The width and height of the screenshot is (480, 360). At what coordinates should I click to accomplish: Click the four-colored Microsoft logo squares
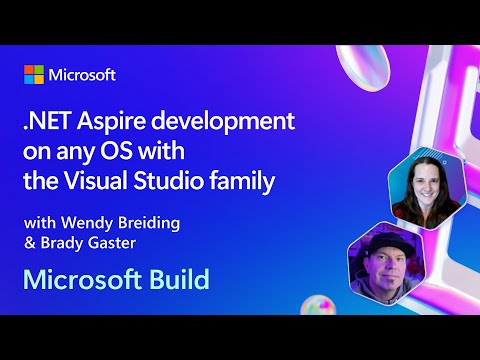click(x=35, y=75)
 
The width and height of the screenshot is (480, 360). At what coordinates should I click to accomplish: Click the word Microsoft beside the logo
click(x=83, y=75)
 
